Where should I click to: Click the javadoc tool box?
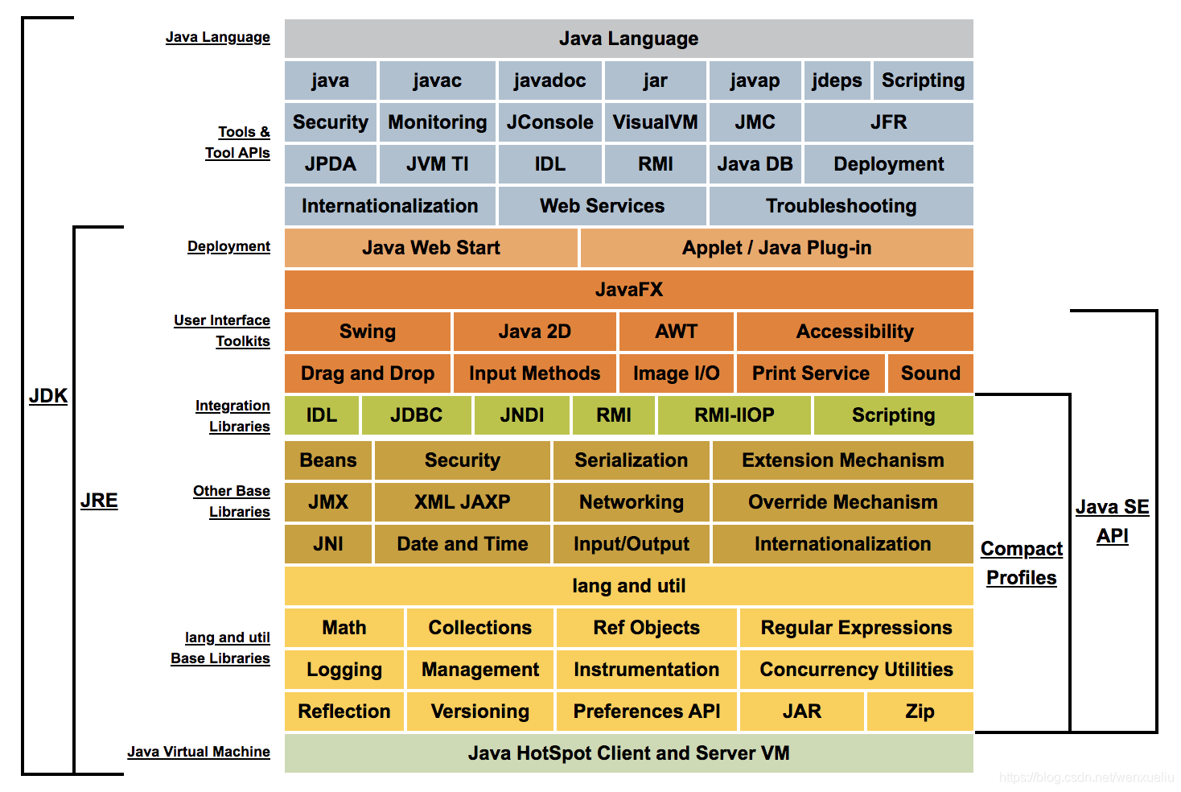point(549,80)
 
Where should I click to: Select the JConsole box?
point(549,122)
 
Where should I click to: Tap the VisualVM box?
point(655,122)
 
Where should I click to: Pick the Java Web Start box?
point(430,248)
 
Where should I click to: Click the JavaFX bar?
point(628,290)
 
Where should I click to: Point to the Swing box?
point(368,332)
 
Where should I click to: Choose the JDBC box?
point(416,415)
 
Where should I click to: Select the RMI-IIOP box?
point(735,415)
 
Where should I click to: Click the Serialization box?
point(631,460)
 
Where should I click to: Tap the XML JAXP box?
point(462,502)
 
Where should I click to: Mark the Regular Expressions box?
point(856,628)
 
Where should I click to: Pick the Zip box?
point(920,712)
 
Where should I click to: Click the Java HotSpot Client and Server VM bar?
point(628,753)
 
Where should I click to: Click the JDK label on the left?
point(48,396)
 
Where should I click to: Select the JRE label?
point(99,501)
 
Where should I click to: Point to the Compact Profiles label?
point(1022,563)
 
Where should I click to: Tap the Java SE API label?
point(1113,522)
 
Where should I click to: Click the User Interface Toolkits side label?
point(223,331)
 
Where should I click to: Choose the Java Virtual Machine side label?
point(199,752)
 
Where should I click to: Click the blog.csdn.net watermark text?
point(1086,778)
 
